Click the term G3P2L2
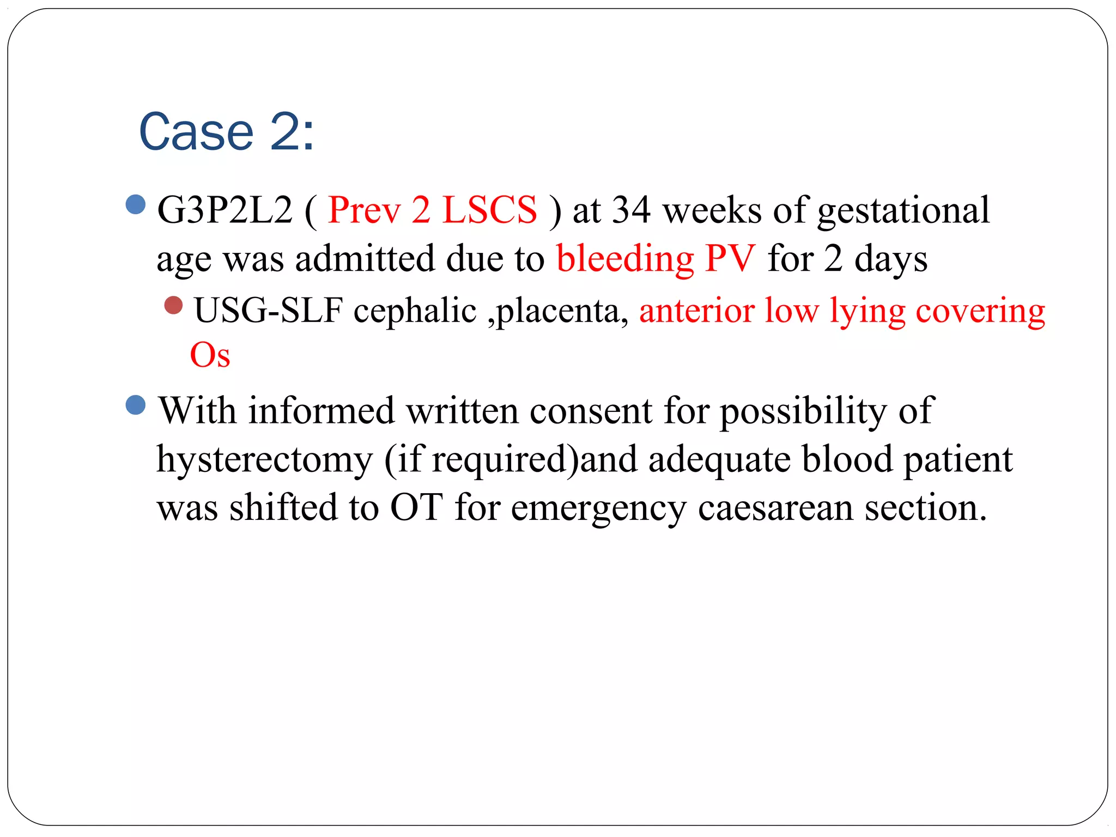[x=225, y=210]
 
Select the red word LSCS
[x=489, y=210]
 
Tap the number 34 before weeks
[x=631, y=210]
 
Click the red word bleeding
[x=624, y=259]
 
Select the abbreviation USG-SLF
[x=268, y=311]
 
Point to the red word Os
[x=210, y=355]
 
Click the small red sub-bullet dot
[x=173, y=305]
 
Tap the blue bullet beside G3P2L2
[x=135, y=205]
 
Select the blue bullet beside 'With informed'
[x=135, y=405]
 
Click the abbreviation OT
[x=416, y=507]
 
